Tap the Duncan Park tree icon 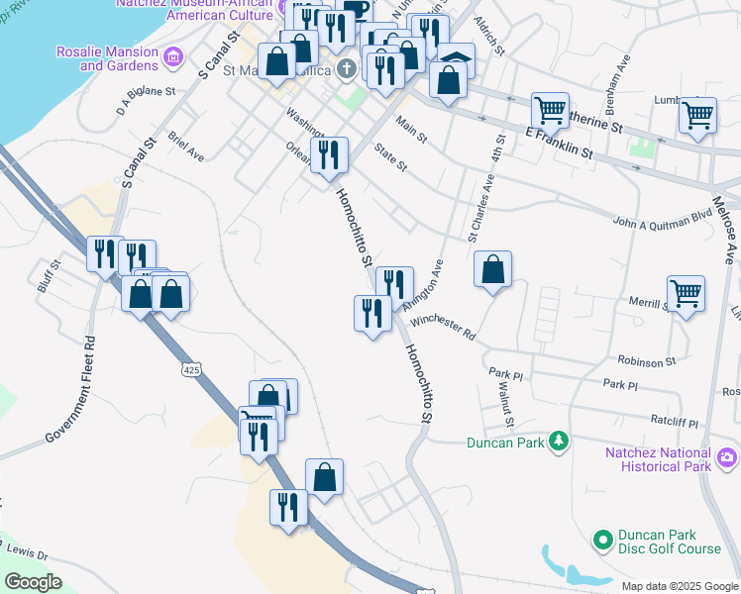pos(560,441)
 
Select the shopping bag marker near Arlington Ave pos(492,269)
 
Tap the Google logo pos(34,582)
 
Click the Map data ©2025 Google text pos(679,586)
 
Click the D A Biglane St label pos(146,100)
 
